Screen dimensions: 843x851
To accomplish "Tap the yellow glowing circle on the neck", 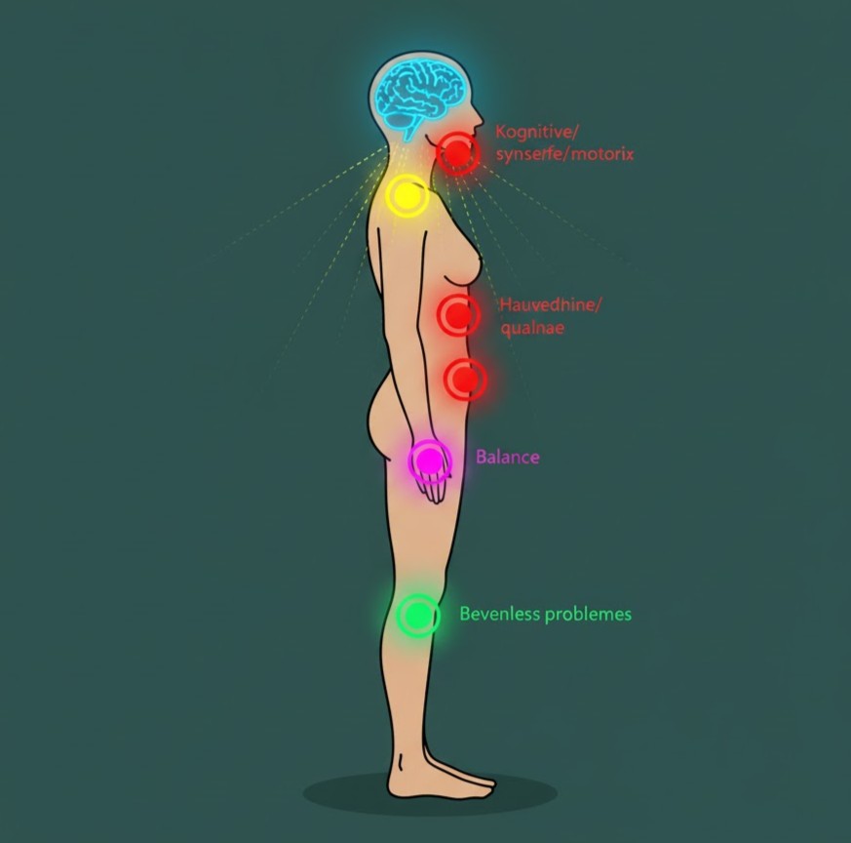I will tap(406, 196).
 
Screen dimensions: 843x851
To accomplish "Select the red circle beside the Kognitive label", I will tap(456, 152).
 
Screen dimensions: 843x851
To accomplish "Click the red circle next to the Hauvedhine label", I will tap(458, 314).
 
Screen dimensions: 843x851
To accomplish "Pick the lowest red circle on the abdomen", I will tap(465, 379).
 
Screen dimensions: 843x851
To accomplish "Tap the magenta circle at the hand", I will tap(429, 459).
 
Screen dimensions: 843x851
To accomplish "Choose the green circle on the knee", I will tap(418, 616).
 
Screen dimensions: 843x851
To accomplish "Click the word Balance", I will tap(507, 457).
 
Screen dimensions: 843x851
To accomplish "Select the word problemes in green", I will tap(588, 614).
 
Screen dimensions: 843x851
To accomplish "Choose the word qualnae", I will tap(531, 328).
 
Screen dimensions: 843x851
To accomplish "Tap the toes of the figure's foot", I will tap(484, 781).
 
